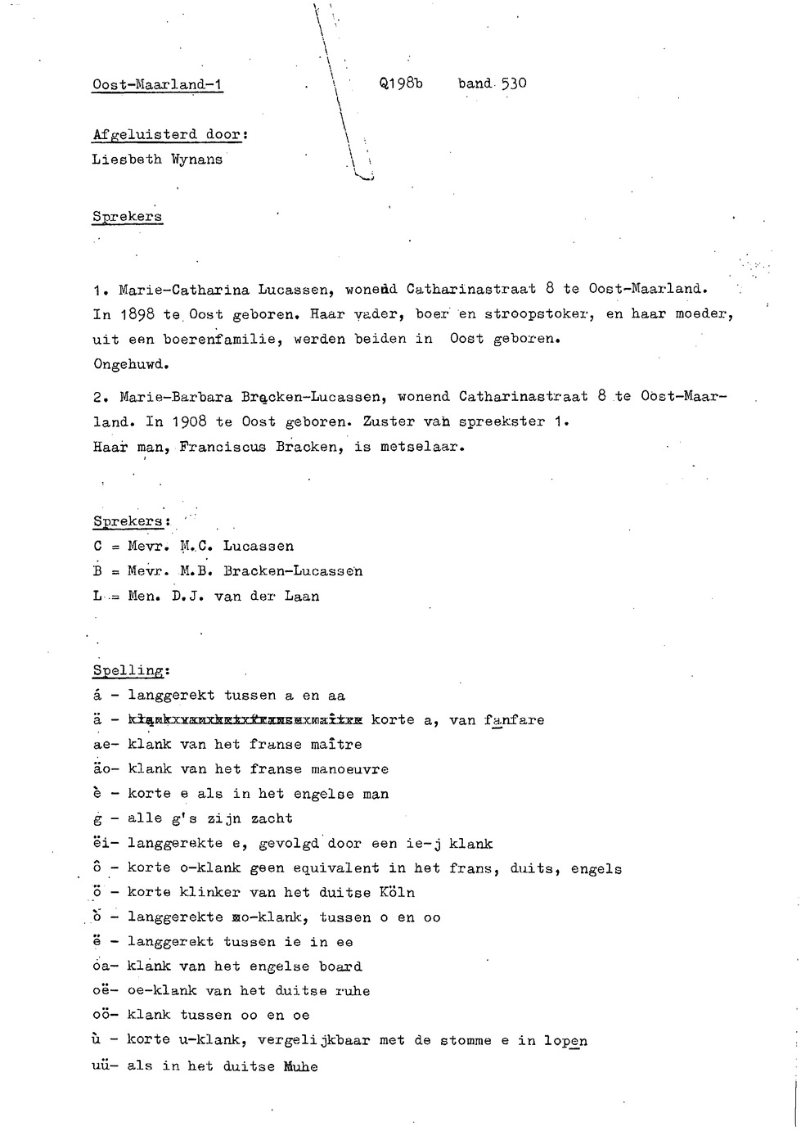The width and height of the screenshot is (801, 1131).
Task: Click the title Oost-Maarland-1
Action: [x=158, y=84]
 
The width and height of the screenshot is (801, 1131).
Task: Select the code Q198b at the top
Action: [x=401, y=83]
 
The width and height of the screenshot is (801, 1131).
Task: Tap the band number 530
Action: [x=514, y=83]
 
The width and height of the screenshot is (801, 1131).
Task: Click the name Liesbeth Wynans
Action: [x=157, y=160]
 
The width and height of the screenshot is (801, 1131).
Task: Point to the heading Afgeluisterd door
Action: [x=169, y=135]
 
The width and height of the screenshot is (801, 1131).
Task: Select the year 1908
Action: [x=190, y=422]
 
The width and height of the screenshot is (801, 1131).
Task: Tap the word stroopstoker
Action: [x=537, y=313]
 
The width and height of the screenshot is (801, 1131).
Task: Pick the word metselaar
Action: [x=422, y=448]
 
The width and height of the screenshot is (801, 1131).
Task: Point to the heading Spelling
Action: [x=130, y=670]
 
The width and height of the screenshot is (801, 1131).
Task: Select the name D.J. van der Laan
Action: [x=245, y=597]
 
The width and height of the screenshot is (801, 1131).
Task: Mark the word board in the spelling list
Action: [x=340, y=967]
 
